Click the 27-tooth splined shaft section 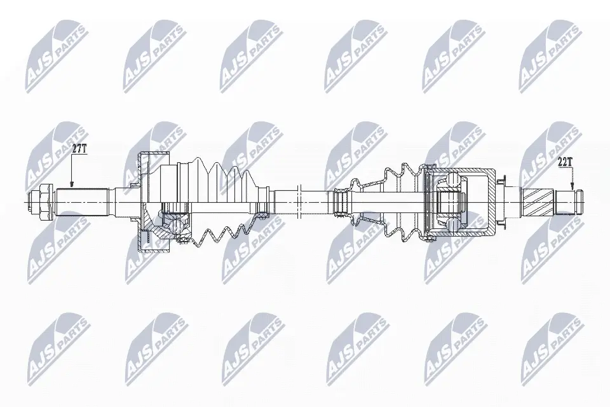coord(82,202)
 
